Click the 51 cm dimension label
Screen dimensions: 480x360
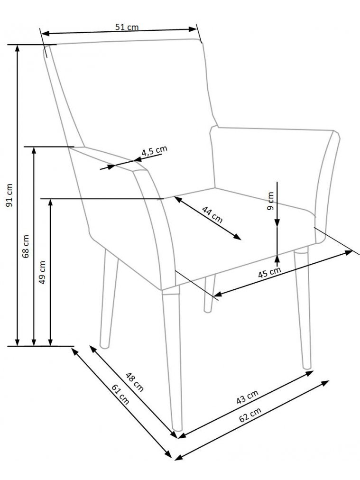127,27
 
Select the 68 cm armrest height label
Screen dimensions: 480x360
26,246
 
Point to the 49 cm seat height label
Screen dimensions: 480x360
42,272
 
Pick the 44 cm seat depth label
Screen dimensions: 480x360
212,214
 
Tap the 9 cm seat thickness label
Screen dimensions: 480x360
270,201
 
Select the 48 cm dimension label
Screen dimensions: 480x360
134,382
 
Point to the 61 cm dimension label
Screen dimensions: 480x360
120,394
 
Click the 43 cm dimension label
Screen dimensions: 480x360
247,397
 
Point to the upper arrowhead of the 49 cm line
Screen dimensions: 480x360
50,202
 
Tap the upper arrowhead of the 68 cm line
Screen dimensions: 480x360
34,150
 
